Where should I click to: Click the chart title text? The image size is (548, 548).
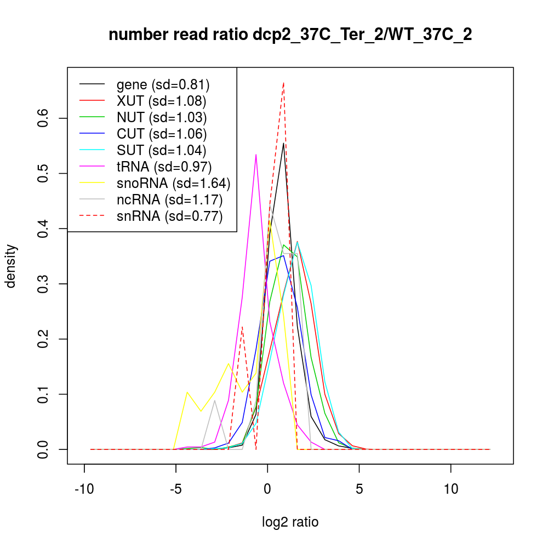(290, 35)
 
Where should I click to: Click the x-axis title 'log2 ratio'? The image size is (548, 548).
(290, 522)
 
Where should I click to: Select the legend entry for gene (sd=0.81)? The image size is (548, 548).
(163, 84)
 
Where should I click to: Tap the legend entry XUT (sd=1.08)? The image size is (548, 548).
(161, 101)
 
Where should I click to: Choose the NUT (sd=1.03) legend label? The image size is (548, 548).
(161, 117)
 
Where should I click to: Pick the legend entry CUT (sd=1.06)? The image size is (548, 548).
(161, 134)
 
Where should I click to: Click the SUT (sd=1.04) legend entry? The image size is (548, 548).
(161, 150)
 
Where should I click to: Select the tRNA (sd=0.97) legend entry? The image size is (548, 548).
(164, 167)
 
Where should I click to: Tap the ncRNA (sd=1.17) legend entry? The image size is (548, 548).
(169, 199)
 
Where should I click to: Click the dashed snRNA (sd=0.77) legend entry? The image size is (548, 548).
(169, 216)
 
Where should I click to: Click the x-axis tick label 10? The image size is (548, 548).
(451, 489)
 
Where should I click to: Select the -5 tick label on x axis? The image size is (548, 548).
(175, 489)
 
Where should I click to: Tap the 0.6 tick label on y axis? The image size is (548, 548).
(43, 118)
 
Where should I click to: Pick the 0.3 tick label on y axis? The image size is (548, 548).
(43, 284)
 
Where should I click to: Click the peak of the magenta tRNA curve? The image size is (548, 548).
(256, 155)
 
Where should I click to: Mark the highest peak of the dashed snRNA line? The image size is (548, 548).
(283, 83)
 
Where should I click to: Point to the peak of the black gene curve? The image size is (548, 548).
(283, 143)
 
